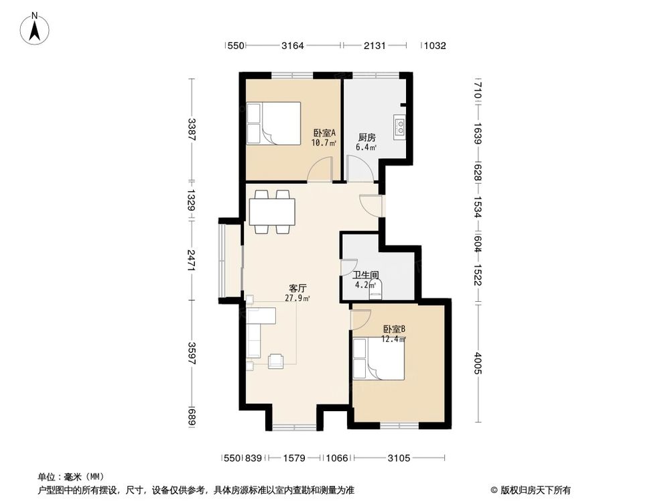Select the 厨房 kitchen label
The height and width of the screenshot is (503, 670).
click(366, 137)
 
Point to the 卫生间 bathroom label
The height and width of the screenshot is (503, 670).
click(366, 274)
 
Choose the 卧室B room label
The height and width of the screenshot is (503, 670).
click(394, 329)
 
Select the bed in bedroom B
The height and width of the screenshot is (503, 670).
click(379, 359)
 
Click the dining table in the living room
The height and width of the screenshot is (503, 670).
click(271, 212)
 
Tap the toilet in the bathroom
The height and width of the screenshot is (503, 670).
click(375, 288)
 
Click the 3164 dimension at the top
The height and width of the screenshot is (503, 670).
click(293, 46)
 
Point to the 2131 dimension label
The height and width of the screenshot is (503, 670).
click(375, 46)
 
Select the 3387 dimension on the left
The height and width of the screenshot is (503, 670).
click(192, 129)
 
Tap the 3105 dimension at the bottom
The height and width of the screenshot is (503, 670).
click(399, 458)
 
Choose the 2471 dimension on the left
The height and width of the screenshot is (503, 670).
click(192, 260)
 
